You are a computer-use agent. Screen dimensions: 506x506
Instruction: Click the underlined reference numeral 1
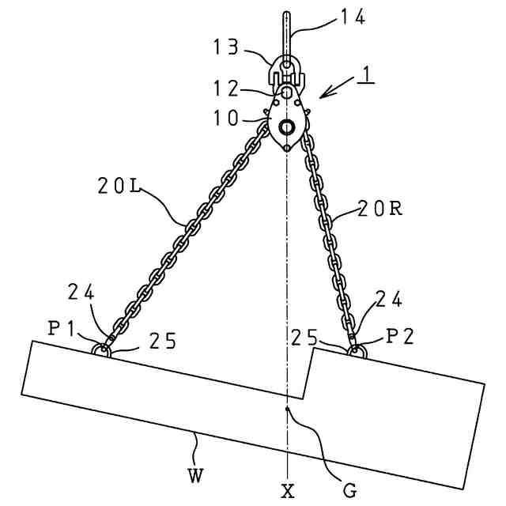(365, 76)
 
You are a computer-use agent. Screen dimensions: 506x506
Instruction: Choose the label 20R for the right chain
(379, 210)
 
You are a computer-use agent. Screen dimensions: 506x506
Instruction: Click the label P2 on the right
(400, 337)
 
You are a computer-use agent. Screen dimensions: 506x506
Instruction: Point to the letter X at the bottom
(288, 492)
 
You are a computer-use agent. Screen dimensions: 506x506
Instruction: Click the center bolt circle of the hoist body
(286, 126)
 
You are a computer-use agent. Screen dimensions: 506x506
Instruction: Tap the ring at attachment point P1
(100, 350)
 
